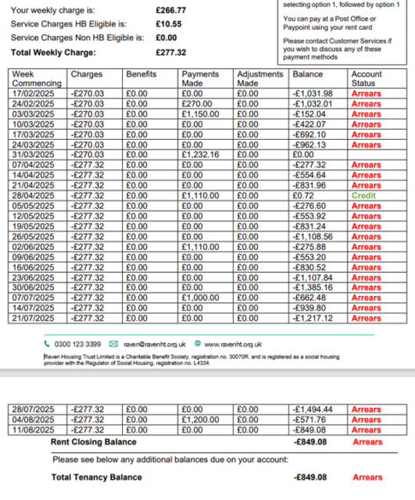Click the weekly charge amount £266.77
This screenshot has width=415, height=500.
click(171, 11)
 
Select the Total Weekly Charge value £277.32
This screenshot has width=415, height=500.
click(171, 52)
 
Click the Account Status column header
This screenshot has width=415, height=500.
click(367, 78)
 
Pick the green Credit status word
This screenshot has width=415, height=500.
click(364, 195)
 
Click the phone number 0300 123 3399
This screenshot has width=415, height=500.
click(77, 344)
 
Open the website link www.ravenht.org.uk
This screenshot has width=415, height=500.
click(233, 344)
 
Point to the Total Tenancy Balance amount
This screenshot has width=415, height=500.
click(313, 477)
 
